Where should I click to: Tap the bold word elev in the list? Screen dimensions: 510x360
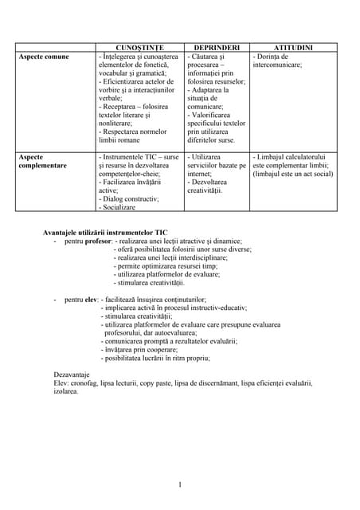(91, 299)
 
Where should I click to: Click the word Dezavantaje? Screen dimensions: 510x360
(72, 374)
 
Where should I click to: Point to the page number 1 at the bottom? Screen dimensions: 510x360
(181, 484)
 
